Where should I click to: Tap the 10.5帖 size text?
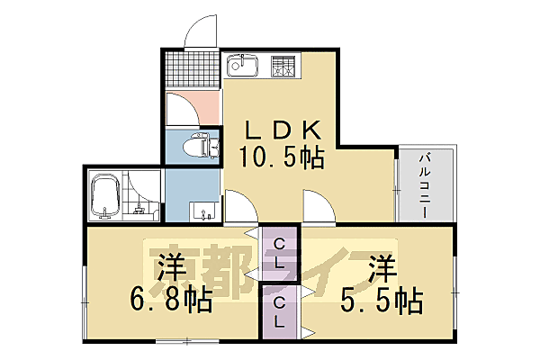point(282,157)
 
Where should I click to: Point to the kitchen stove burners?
point(285,66)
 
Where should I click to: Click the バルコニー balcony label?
point(425,184)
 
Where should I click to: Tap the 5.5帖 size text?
point(382,299)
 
